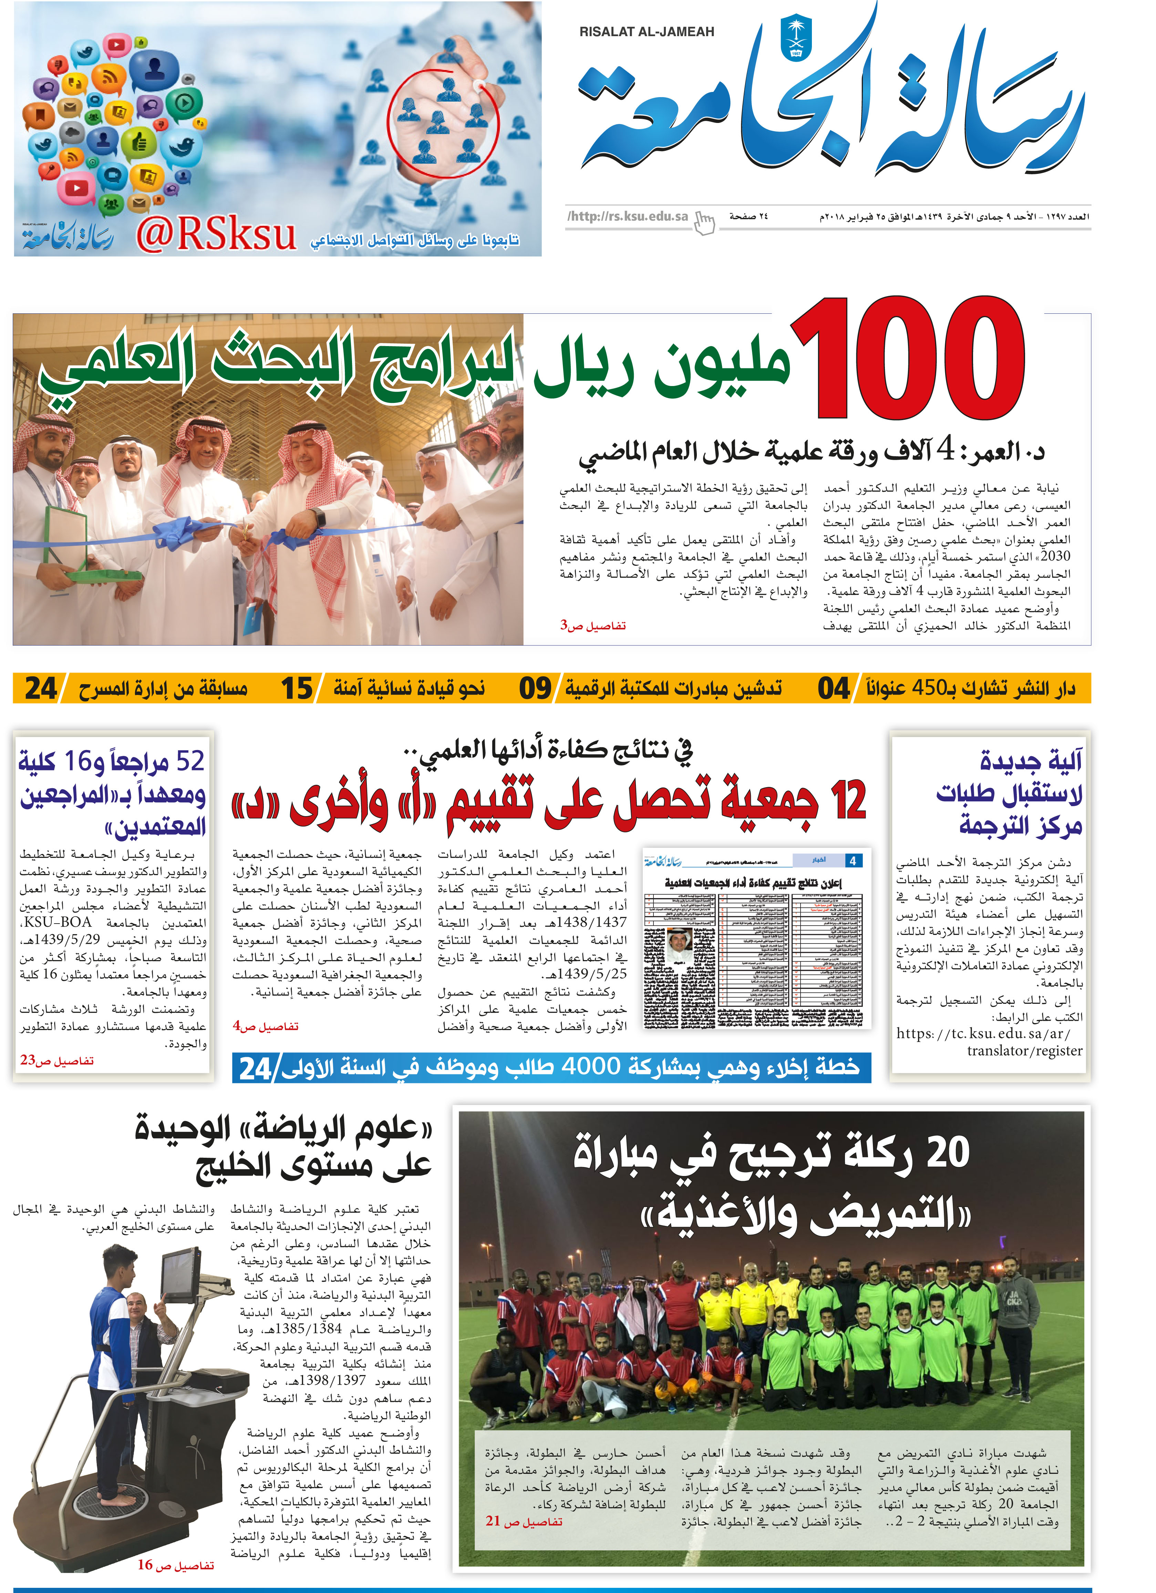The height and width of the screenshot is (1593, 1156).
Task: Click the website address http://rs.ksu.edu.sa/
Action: click(x=628, y=216)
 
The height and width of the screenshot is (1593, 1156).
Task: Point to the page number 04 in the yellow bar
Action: click(x=834, y=688)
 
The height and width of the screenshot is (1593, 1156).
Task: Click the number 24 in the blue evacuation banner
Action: click(x=255, y=1068)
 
